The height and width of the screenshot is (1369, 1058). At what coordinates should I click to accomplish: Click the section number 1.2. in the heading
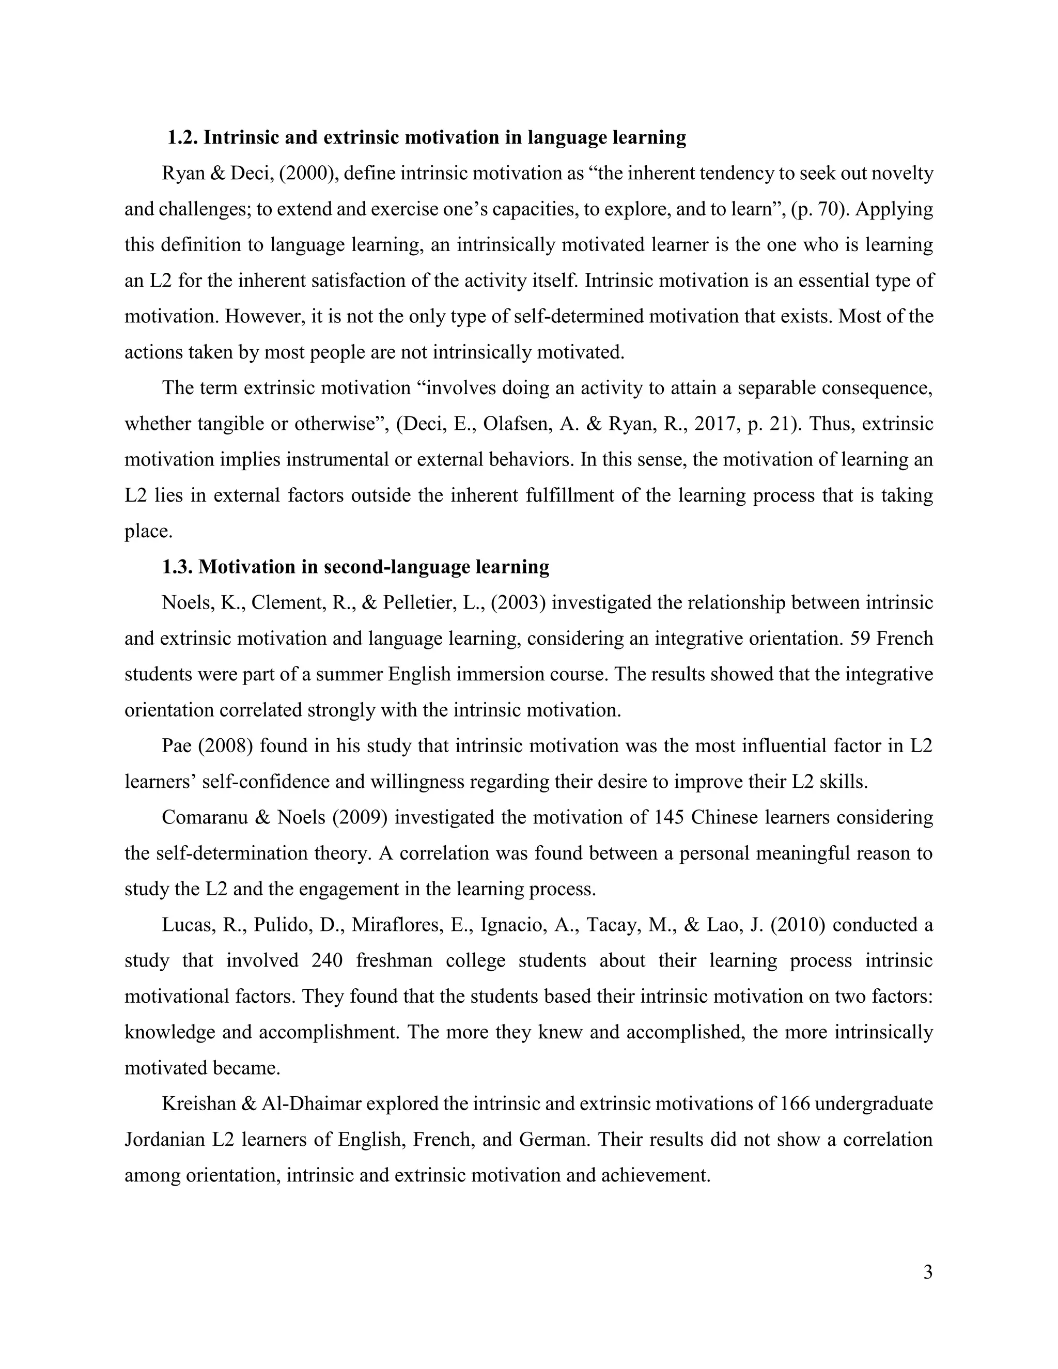click(183, 137)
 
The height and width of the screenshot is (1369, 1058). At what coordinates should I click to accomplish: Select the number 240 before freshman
click(327, 960)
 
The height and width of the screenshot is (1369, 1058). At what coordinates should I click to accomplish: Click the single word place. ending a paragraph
click(148, 532)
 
